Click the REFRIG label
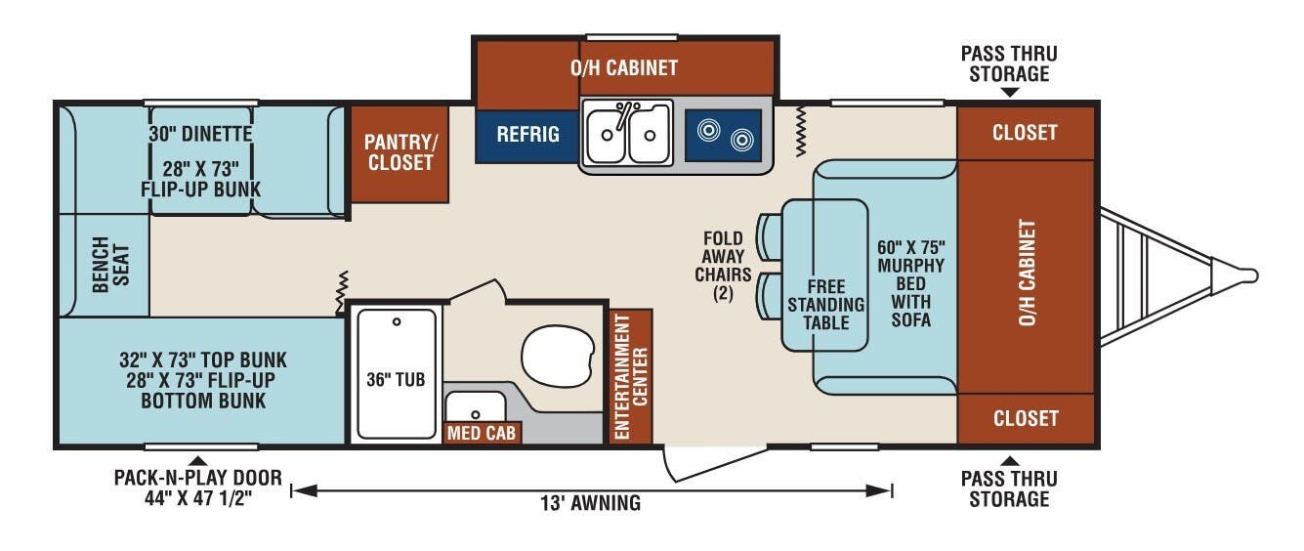click(527, 135)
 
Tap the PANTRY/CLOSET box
click(400, 153)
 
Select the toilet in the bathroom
click(558, 356)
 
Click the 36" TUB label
click(396, 380)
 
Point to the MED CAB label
click(482, 433)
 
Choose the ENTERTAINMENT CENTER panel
click(630, 376)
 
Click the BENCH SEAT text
click(110, 265)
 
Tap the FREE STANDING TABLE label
click(826, 305)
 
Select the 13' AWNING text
click(590, 503)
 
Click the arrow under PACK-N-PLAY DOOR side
click(198, 460)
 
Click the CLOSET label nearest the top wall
click(1025, 133)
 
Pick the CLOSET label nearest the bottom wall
click(1026, 418)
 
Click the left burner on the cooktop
click(708, 130)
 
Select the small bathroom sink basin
click(476, 406)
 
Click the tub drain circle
click(397, 321)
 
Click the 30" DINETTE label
click(200, 134)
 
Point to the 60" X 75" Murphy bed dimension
click(911, 247)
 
